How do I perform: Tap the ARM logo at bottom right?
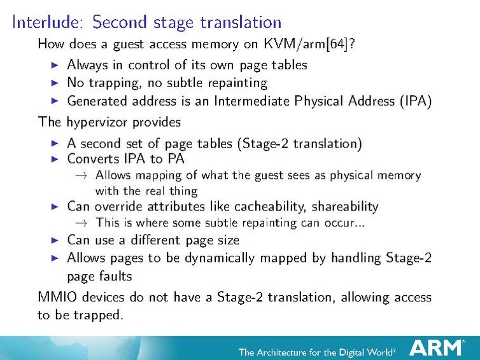coord(436,347)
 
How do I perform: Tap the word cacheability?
coord(254,207)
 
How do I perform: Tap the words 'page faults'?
coord(99,277)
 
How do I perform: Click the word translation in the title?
coord(240,22)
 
